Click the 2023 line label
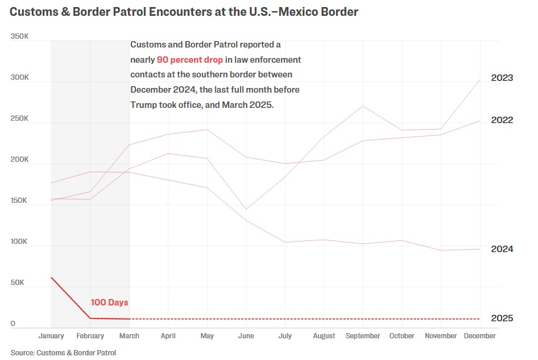[x=502, y=78]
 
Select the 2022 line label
[x=502, y=120]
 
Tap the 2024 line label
[x=502, y=249]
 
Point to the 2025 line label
[x=502, y=318]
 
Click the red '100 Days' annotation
[x=109, y=303]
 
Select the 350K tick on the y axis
[x=19, y=36]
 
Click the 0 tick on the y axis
[x=13, y=324]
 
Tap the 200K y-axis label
[x=19, y=159]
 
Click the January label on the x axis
[x=51, y=336]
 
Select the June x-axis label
[x=245, y=336]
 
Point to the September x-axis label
[x=363, y=336]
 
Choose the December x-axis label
[x=480, y=336]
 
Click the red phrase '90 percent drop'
[x=189, y=60]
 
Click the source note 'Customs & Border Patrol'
[x=76, y=353]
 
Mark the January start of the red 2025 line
[x=51, y=277]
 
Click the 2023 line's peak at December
[x=480, y=80]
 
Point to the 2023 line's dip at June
[x=245, y=209]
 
